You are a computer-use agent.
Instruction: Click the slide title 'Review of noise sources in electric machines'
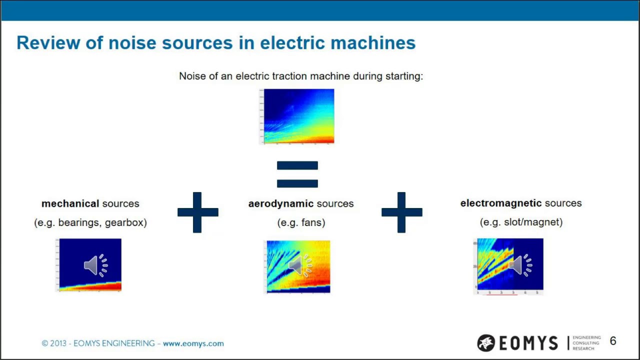click(x=216, y=43)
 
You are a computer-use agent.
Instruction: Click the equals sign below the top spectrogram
click(x=297, y=174)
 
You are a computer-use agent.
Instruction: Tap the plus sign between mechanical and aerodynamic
click(x=197, y=212)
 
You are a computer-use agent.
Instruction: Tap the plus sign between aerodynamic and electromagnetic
click(x=401, y=212)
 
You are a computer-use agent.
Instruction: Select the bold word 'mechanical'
click(x=70, y=204)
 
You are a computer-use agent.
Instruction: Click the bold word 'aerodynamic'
click(x=280, y=204)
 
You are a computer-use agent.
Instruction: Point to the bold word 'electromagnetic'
click(x=500, y=203)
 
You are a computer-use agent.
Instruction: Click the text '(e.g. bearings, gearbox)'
click(x=90, y=222)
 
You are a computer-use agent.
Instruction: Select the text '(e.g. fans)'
click(x=301, y=222)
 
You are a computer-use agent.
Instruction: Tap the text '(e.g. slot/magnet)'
click(x=521, y=222)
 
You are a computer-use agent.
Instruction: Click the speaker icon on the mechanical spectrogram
click(x=95, y=265)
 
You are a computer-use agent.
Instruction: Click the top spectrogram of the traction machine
click(x=298, y=116)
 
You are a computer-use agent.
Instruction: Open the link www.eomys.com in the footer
click(x=193, y=343)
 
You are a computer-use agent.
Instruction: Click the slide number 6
click(x=613, y=341)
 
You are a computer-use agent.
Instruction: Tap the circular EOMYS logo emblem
click(x=485, y=343)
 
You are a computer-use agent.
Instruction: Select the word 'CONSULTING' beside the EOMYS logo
click(x=586, y=343)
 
